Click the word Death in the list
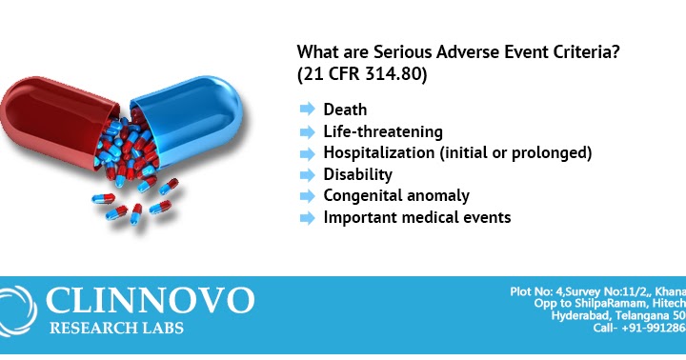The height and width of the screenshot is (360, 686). [344, 110]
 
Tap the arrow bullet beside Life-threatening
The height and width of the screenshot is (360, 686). [307, 132]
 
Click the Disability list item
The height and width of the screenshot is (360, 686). [357, 174]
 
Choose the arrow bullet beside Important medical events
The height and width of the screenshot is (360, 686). [307, 217]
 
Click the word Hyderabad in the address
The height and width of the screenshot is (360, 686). [584, 315]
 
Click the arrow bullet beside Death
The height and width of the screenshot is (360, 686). [307, 110]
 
